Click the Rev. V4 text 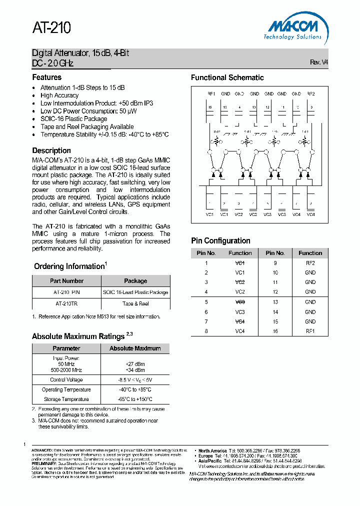point(319,62)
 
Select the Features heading point(47,77)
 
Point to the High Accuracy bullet point(59,95)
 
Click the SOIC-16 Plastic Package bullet point(73,119)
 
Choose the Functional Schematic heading point(227,77)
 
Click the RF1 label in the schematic point(211,94)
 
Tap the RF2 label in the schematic point(311,94)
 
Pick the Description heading point(51,150)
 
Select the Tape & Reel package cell point(135,303)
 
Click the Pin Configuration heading point(220,240)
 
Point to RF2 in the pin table point(310,262)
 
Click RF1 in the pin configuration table point(310,331)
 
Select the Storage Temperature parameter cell point(66,399)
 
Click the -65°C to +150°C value point(135,399)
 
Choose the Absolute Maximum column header point(135,348)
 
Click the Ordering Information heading point(69,266)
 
